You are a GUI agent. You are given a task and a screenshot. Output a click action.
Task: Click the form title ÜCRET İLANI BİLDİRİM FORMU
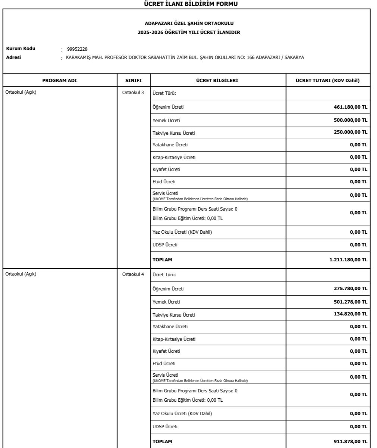189,4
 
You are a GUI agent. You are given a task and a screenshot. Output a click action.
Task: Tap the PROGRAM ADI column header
60,80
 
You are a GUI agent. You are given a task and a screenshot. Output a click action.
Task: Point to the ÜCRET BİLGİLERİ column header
218,80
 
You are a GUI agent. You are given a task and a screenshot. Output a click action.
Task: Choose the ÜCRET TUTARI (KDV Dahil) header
327,80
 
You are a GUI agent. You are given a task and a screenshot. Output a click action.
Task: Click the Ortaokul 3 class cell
133,93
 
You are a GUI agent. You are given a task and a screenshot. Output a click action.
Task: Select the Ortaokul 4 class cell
133,274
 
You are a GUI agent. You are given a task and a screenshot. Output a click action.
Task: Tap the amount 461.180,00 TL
350,107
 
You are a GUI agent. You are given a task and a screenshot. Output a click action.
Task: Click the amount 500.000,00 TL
350,120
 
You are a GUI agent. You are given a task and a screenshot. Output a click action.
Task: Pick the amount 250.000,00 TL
350,132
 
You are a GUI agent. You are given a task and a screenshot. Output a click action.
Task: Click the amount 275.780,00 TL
350,289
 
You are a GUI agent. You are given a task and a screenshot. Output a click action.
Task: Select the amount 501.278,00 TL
350,302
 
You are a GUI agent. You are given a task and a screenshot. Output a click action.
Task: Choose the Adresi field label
13,57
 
